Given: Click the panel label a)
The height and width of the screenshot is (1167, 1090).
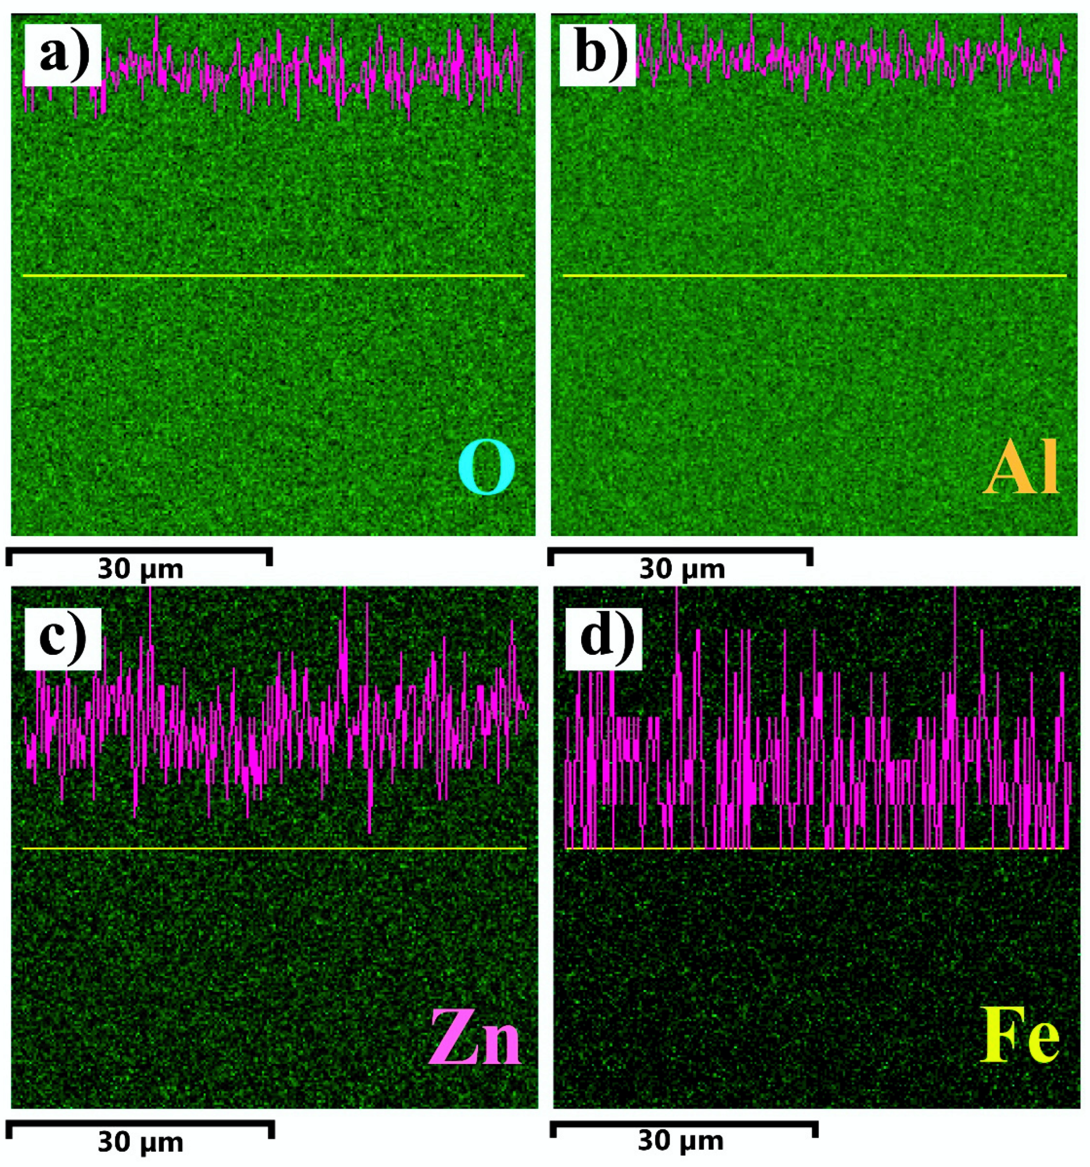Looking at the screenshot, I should [62, 55].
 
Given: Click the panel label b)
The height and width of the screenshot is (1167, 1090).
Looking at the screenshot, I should [597, 55].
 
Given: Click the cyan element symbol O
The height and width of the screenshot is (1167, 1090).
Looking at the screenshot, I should [487, 469].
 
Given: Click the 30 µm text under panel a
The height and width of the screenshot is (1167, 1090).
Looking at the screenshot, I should [140, 569].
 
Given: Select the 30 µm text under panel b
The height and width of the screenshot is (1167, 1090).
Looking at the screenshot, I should [682, 569].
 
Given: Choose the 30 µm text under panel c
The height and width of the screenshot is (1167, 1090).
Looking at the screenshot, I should [140, 1142].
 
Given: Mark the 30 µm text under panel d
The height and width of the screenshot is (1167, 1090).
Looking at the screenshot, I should [681, 1141].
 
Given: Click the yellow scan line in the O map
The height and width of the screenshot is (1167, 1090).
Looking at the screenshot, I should [273, 275].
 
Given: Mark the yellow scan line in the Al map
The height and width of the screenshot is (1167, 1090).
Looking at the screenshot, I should [814, 275].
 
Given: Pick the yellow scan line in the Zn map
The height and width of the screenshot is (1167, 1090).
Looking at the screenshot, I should [274, 848].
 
